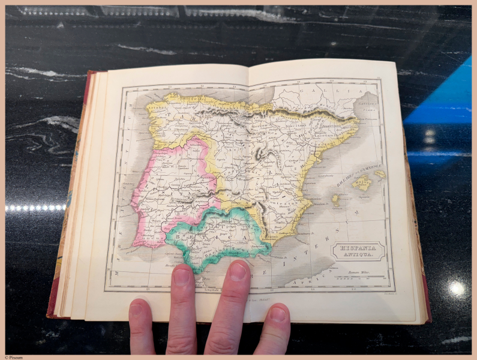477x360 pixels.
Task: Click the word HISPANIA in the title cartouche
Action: coord(356,247)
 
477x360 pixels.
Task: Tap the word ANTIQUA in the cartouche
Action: coord(358,256)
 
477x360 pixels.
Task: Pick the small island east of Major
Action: coord(379,175)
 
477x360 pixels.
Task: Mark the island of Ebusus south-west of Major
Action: coord(335,200)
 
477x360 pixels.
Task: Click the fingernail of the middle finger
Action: coord(238,271)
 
